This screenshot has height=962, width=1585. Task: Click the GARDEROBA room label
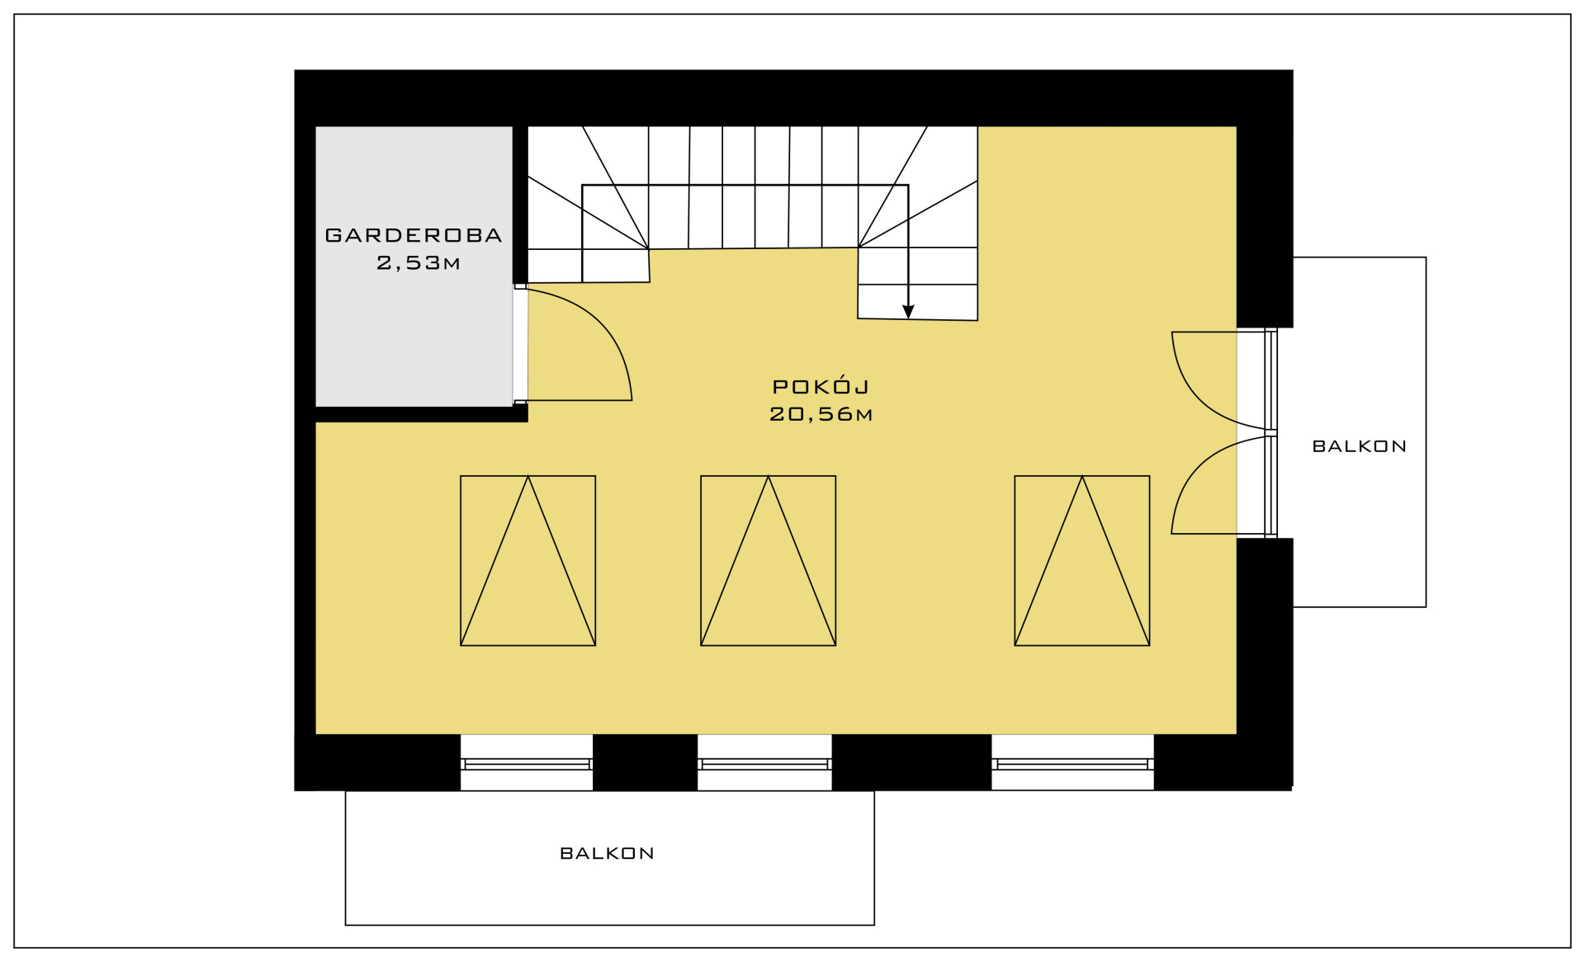(x=414, y=235)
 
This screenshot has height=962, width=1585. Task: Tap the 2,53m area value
(x=419, y=263)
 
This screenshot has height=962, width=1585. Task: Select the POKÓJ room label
(x=821, y=386)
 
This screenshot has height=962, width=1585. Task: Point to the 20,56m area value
(x=821, y=414)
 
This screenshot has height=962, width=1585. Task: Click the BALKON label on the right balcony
(x=1359, y=446)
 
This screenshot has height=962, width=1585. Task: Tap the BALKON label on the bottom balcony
(x=607, y=853)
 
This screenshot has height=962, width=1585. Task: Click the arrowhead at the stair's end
(x=908, y=312)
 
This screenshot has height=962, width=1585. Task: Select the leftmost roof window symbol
(x=528, y=560)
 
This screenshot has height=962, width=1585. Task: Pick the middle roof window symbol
(x=769, y=560)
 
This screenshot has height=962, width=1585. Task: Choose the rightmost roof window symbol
(x=1082, y=560)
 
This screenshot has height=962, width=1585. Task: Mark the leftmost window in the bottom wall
(x=527, y=763)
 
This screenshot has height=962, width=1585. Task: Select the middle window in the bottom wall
(x=764, y=763)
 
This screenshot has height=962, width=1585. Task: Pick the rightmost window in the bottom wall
(x=1072, y=763)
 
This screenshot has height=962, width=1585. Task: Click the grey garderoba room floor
(x=414, y=330)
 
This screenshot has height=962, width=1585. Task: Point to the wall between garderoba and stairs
(x=520, y=205)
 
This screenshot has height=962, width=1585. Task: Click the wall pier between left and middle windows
(x=646, y=762)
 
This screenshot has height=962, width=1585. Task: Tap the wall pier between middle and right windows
(x=911, y=762)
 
